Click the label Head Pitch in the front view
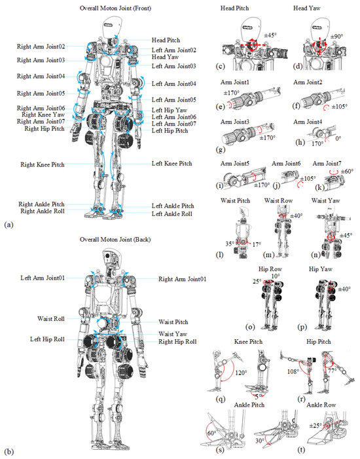[166, 40]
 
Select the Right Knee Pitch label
[43, 164]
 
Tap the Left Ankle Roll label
[171, 213]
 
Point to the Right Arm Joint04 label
[41, 76]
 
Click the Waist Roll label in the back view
[51, 318]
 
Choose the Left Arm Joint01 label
[43, 278]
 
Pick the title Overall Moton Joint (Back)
[115, 240]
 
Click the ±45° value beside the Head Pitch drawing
[270, 35]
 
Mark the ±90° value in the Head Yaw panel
[337, 37]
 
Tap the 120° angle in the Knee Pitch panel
[241, 373]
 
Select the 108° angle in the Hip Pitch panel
[293, 371]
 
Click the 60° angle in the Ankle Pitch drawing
[211, 433]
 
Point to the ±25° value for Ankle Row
[315, 426]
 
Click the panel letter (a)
[9, 225]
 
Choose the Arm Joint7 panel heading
[327, 163]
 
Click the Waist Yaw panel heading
[326, 200]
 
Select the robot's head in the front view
[113, 28]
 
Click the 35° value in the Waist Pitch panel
[230, 244]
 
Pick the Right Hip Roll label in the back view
[177, 342]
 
